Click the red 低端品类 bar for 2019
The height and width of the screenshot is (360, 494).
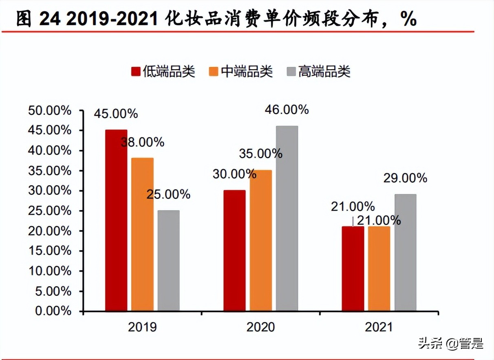116,220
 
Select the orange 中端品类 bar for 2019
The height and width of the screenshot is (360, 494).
142,234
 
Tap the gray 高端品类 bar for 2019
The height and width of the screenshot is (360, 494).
168,261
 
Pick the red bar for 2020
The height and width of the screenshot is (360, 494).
234,250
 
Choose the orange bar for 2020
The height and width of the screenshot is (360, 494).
260,240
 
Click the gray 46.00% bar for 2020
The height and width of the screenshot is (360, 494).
287,218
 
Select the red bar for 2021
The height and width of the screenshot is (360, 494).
353,268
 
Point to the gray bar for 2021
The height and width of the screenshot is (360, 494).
405,252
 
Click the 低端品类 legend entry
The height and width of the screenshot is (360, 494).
163,71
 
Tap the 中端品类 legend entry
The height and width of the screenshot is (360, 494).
240,71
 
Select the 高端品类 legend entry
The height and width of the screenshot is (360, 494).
318,71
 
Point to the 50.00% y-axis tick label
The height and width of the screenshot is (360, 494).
50,111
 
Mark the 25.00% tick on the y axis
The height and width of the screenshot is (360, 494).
50,211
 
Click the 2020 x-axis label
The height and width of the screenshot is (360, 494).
260,327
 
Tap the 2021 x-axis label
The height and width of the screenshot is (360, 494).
379,327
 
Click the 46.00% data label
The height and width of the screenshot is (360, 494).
287,110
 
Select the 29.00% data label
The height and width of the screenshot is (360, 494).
405,178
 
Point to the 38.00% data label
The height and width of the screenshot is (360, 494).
142,142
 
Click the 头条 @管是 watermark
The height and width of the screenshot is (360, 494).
450,343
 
